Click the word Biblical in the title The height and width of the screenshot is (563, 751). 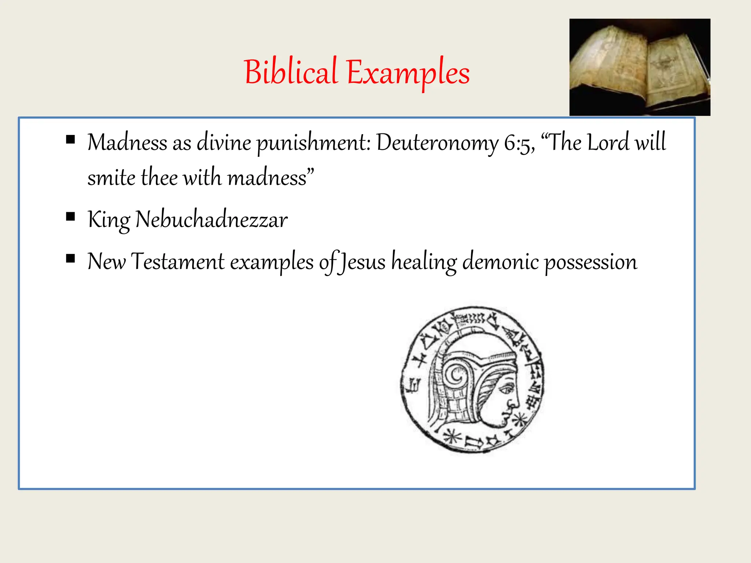(x=290, y=72)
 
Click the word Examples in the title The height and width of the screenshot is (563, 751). (x=408, y=73)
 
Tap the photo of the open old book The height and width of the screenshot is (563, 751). (x=640, y=67)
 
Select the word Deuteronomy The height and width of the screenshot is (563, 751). (x=437, y=143)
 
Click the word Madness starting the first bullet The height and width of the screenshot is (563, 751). (x=127, y=142)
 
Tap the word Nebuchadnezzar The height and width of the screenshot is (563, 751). (x=211, y=220)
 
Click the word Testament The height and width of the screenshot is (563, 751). (x=177, y=262)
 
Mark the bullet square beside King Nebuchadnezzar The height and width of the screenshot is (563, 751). (x=70, y=217)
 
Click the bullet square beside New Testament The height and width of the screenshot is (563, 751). (x=70, y=259)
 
